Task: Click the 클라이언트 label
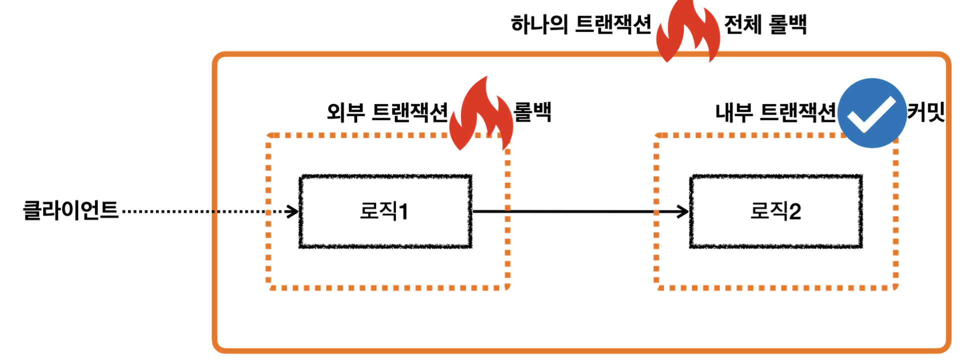(x=70, y=210)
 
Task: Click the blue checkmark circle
(x=871, y=113)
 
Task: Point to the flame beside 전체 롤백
(x=688, y=32)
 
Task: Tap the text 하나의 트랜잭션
(x=580, y=24)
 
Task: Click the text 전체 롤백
(x=765, y=24)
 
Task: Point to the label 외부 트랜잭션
(x=387, y=112)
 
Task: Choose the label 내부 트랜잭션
(x=775, y=112)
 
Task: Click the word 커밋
(x=926, y=112)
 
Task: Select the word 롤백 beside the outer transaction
(x=532, y=112)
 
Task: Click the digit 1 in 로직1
(x=403, y=212)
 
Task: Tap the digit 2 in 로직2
(x=794, y=212)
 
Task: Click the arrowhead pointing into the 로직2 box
(x=683, y=211)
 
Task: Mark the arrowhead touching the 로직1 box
(x=292, y=211)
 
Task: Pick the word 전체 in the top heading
(x=742, y=24)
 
